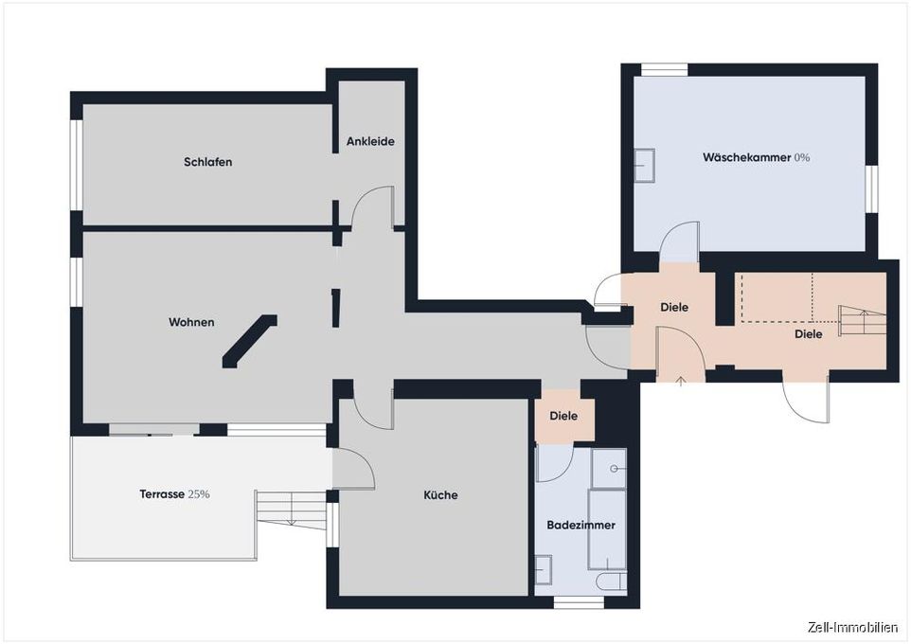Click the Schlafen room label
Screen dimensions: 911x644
click(208, 162)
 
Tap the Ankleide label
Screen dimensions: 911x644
click(370, 141)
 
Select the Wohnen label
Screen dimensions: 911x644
click(191, 322)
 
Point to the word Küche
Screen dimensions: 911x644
click(440, 495)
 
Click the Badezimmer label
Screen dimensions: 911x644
click(581, 525)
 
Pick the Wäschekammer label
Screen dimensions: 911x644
click(746, 157)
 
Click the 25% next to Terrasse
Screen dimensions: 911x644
click(199, 494)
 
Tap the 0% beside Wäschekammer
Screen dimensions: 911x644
click(802, 157)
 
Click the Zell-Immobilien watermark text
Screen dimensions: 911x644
click(852, 627)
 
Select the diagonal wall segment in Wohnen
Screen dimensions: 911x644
click(250, 341)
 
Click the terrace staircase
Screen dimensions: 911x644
click(291, 510)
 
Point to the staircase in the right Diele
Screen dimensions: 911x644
click(863, 320)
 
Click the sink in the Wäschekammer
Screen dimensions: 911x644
click(644, 166)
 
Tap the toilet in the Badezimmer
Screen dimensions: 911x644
click(611, 581)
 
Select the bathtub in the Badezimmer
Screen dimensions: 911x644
click(607, 529)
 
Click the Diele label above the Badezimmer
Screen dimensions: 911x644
click(563, 416)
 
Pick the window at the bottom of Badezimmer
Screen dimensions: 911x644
click(579, 602)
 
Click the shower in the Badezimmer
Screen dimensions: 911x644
click(609, 468)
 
